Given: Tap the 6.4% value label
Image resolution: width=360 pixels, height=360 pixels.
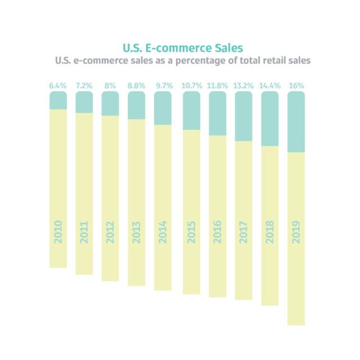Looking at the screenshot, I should pos(58,86).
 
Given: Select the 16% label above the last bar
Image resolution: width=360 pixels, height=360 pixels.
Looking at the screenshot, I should pos(296,86).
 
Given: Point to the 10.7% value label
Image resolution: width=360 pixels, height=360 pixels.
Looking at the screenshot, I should pos(191,86).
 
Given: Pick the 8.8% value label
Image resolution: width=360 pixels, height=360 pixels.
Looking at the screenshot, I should pos(136,86).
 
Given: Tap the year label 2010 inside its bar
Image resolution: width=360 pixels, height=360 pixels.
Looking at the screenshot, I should pos(58,231).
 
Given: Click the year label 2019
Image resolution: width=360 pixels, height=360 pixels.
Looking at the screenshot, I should pos(296,231).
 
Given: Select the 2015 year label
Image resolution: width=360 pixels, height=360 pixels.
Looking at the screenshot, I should pos(191,231).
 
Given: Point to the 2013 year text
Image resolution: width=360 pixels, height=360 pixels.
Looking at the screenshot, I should pos(136,231).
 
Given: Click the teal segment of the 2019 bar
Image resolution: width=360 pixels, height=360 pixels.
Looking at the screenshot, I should pos(296,122).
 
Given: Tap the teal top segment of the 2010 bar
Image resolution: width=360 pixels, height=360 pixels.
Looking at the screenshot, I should pos(58,101).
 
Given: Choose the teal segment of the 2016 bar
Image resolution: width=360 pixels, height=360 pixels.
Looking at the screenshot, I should pos(217,114).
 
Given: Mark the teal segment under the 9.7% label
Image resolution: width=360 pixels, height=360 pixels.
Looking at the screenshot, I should pos(163,109).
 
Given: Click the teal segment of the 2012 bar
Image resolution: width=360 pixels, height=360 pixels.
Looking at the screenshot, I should pos(110,104).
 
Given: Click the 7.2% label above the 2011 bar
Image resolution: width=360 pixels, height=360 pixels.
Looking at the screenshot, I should pos(84,86).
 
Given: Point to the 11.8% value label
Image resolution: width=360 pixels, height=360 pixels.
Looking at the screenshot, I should pos(217,86).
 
